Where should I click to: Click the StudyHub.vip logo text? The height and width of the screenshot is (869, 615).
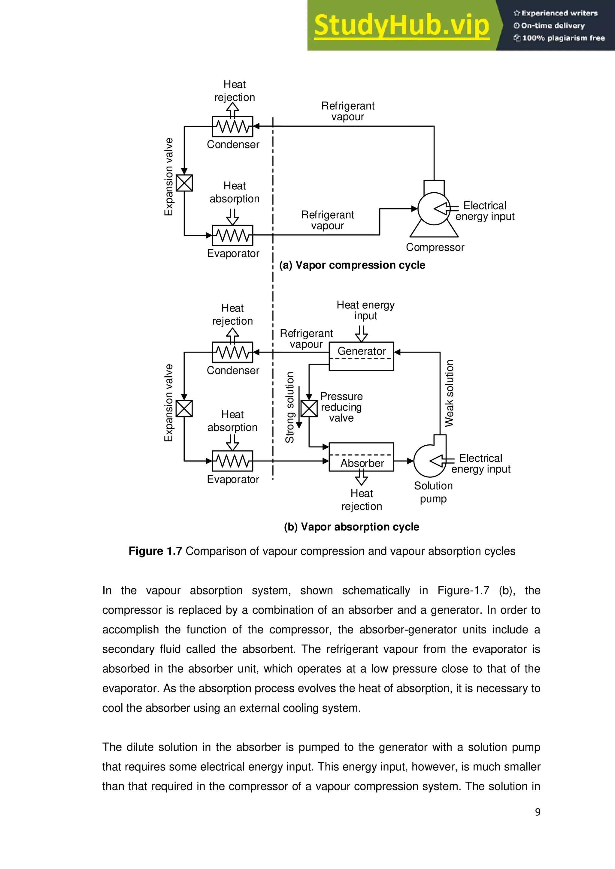401,26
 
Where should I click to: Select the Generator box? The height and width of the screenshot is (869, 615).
361,356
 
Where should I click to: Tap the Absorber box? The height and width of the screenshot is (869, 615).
361,457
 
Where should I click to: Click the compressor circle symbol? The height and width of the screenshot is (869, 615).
434,209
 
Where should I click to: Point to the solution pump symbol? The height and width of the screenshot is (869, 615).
430,461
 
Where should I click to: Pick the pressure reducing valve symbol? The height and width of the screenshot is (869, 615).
309,408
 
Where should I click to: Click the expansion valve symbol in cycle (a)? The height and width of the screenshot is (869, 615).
184,183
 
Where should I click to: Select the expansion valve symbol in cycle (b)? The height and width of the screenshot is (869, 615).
184,408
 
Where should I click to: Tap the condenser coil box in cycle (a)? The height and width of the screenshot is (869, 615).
232,126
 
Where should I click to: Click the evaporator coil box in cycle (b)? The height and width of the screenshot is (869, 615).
232,461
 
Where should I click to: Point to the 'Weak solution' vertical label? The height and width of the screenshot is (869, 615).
449,393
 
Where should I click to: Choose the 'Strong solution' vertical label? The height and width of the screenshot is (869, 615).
290,407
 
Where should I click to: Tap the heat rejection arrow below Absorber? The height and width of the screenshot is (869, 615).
361,478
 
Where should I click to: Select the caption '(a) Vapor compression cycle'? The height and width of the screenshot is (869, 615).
352,265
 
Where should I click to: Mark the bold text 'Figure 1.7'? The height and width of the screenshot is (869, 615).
155,551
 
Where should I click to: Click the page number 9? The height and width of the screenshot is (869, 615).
537,812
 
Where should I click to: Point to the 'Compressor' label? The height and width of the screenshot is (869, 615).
435,247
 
